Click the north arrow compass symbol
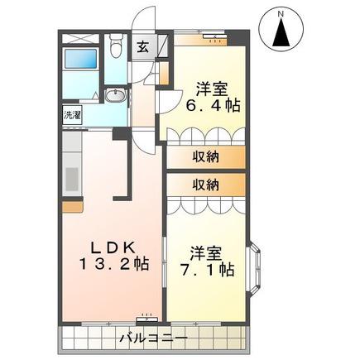click(x=281, y=29)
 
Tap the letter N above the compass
click(x=281, y=13)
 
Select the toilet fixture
click(x=115, y=46)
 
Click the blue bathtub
click(x=80, y=59)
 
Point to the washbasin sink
click(x=116, y=96)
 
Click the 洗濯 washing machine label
click(x=72, y=115)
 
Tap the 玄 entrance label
click(x=143, y=47)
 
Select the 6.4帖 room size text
click(x=212, y=105)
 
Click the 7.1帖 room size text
click(x=207, y=270)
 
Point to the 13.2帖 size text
click(x=114, y=264)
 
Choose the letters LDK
click(x=113, y=247)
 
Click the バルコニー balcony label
click(x=154, y=338)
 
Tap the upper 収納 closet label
click(x=205, y=157)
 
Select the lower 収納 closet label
click(x=205, y=185)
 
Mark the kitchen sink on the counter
click(x=72, y=178)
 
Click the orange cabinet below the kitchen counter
click(x=73, y=207)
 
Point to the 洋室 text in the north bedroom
click(x=212, y=89)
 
